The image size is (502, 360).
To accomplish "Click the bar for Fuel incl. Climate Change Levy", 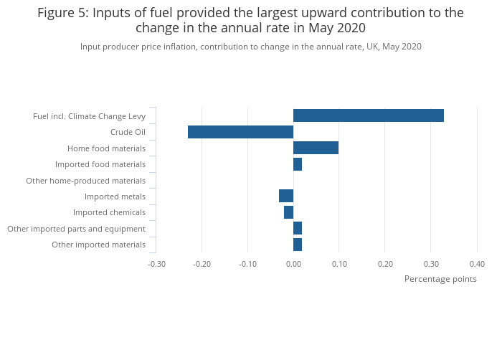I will (368, 115).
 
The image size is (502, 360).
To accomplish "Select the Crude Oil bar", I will (240, 132).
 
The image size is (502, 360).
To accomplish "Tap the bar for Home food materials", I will (316, 148).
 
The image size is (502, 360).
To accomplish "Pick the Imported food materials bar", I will (298, 164).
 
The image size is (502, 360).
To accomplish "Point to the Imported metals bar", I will (286, 196).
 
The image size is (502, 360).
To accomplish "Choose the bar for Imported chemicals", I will (288, 212).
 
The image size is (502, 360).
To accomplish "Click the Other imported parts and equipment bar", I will (298, 228).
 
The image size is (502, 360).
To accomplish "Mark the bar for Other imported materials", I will (298, 245).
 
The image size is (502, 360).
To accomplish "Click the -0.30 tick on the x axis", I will (156, 263).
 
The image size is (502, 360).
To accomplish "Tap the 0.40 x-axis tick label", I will (477, 263).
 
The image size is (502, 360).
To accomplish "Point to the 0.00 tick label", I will (293, 263).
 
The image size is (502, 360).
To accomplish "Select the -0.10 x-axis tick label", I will (247, 263).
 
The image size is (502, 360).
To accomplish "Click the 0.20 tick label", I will (385, 263).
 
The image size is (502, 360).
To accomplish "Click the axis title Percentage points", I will (440, 279).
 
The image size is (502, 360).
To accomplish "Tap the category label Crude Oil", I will (128, 132).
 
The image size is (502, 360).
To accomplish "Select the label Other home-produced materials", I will (85, 181).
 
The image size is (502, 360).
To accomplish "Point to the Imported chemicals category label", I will (109, 212).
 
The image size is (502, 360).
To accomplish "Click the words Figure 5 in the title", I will (62, 13).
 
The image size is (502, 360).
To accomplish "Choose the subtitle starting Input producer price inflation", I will (250, 47).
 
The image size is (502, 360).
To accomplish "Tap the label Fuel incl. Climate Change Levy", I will (89, 116).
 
